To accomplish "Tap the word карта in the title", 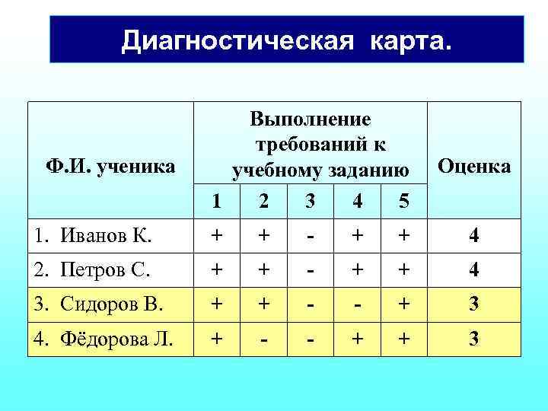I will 410,40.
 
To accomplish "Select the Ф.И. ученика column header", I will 110,165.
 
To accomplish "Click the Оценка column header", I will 474,166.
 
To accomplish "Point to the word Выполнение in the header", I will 310,119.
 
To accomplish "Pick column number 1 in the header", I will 217,201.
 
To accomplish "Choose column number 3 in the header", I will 309,201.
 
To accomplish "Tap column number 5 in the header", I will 403,201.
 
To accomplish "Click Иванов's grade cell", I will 474,236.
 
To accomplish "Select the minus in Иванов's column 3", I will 310,236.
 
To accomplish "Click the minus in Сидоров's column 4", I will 357,304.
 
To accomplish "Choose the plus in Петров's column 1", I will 217,269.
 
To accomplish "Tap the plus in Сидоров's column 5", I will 403,304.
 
